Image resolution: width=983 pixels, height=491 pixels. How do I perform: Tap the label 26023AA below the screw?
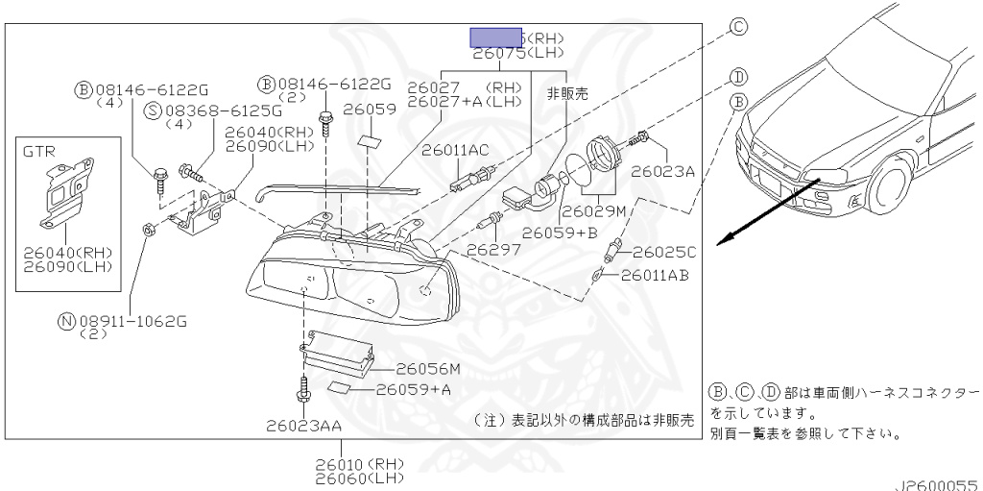[x=303, y=424]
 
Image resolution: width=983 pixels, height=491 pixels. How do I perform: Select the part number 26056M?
[x=428, y=368]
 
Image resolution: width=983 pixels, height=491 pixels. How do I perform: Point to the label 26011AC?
[x=456, y=150]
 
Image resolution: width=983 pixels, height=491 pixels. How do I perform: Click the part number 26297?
[x=493, y=249]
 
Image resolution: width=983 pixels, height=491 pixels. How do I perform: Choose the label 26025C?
[x=663, y=253]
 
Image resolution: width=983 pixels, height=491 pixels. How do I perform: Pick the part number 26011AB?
[x=655, y=275]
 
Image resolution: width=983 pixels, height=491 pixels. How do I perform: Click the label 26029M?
[x=594, y=209]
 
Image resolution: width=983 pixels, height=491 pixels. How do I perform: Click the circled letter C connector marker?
[x=738, y=27]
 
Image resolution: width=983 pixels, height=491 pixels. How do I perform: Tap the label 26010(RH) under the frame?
[x=360, y=463]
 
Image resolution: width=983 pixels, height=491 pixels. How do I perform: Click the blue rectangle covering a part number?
[x=495, y=37]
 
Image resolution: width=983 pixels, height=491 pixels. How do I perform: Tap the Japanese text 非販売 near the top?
[x=566, y=93]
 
